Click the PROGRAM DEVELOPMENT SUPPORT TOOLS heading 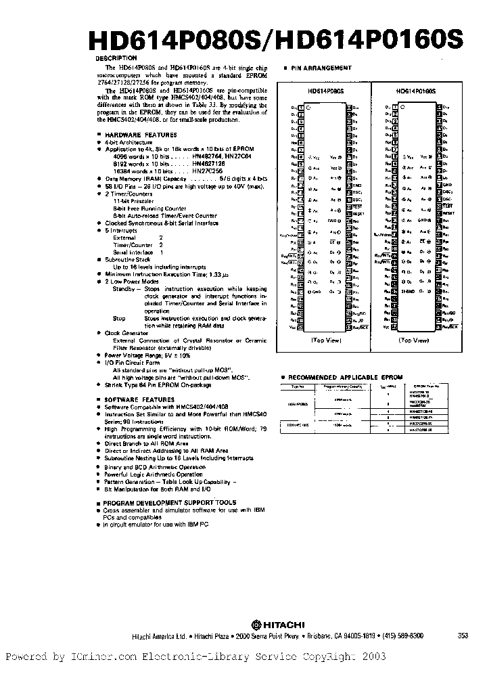169,502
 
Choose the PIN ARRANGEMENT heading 322,68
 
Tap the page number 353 463,636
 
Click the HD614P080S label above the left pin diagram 327,90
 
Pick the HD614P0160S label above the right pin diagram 415,90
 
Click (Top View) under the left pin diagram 326,341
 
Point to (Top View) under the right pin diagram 415,341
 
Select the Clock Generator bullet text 126,333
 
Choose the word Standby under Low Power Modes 124,288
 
